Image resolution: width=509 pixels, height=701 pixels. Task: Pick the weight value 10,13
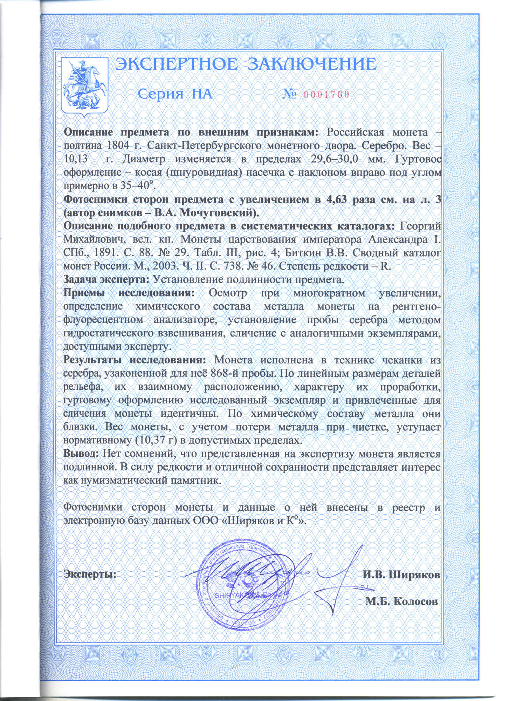pyautogui.click(x=75, y=159)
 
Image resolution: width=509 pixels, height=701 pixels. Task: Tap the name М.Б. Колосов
pyautogui.click(x=401, y=601)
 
